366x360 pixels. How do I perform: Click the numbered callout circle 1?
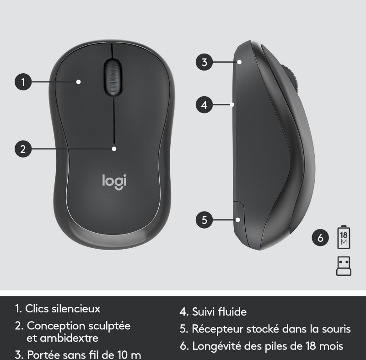pyautogui.click(x=23, y=82)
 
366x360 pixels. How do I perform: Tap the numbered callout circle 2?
pyautogui.click(x=23, y=149)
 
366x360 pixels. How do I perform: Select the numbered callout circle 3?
pyautogui.click(x=204, y=62)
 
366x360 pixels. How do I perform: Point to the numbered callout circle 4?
pyautogui.click(x=204, y=105)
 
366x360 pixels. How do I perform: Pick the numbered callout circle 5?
pyautogui.click(x=204, y=220)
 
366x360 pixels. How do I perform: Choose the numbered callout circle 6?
pyautogui.click(x=320, y=238)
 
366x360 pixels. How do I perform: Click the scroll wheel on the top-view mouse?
pyautogui.click(x=113, y=77)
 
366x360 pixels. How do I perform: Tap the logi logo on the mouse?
pyautogui.click(x=114, y=182)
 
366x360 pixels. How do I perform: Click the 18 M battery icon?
pyautogui.click(x=344, y=237)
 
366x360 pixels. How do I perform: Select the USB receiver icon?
pyautogui.click(x=344, y=266)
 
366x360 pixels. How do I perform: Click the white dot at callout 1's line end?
pyautogui.click(x=79, y=82)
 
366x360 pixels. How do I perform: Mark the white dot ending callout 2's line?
pyautogui.click(x=114, y=149)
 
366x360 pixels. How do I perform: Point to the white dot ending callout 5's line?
pyautogui.click(x=238, y=220)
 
